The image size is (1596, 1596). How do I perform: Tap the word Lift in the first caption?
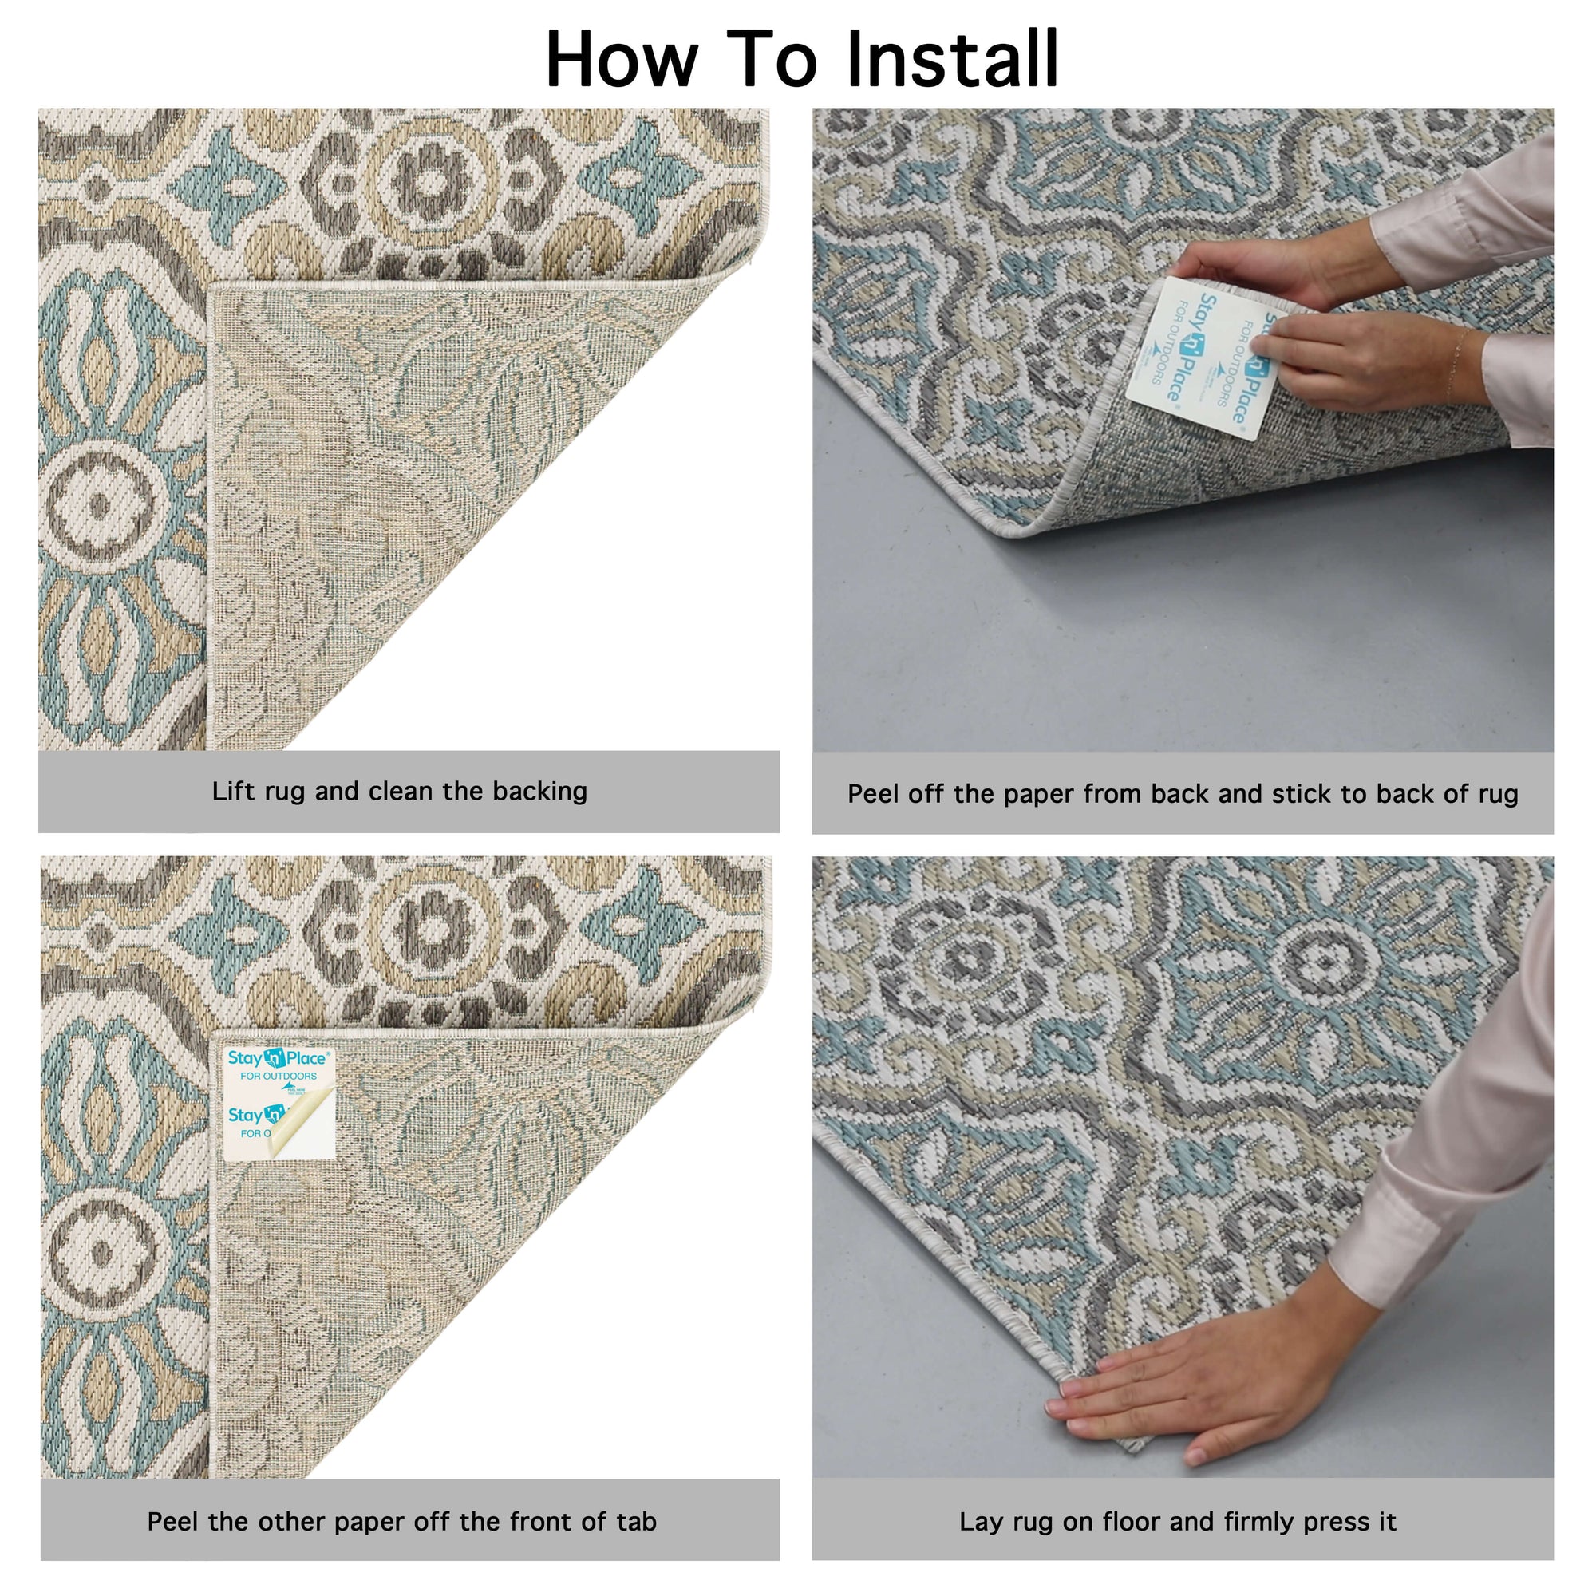(234, 792)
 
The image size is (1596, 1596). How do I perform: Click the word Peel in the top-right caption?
(874, 794)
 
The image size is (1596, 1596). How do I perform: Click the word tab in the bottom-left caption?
(636, 1521)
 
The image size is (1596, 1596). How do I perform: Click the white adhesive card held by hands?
(1198, 355)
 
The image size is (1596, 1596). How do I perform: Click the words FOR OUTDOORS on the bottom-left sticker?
(279, 1077)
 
